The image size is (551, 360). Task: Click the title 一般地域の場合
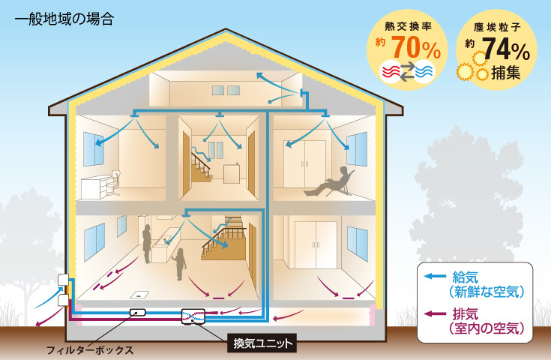(64, 19)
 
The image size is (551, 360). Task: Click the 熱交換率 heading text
(408, 26)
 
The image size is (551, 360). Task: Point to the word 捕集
(506, 73)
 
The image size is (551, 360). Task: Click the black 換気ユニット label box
(262, 343)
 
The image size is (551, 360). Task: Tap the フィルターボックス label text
(90, 350)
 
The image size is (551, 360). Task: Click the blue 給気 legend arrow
(435, 276)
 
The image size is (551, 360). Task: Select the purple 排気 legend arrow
(435, 313)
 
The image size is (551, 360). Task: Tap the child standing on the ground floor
(180, 264)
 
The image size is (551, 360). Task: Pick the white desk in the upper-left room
(96, 187)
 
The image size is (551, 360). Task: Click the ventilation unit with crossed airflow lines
(193, 316)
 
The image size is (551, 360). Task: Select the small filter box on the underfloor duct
(138, 312)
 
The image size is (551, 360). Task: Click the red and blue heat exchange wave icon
(407, 71)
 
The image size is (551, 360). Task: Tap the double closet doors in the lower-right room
(316, 244)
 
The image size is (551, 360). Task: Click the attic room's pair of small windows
(226, 90)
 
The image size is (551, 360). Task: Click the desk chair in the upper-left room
(114, 183)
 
